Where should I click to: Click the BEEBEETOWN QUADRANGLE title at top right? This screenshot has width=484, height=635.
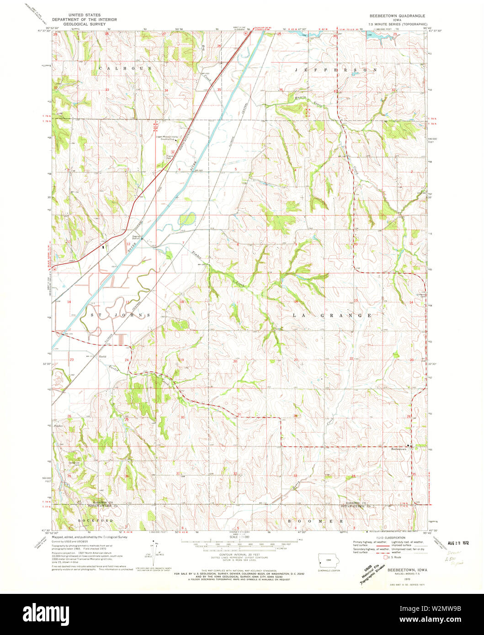tap(397, 16)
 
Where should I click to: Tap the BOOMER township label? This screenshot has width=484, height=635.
tap(315, 521)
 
